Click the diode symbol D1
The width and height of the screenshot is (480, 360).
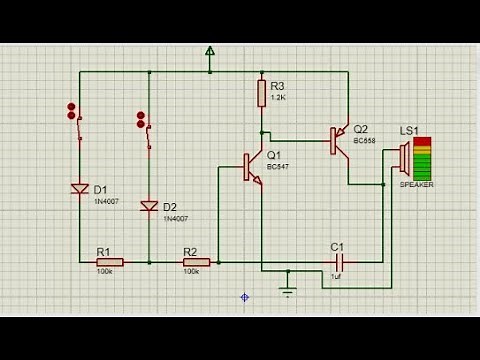pos(80,188)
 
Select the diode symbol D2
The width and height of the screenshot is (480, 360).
pos(149,206)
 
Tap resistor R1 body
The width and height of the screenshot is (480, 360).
pos(109,262)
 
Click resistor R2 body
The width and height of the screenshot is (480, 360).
pos(196,262)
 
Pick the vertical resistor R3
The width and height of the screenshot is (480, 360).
pos(261,93)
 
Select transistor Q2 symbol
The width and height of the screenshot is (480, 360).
pos(339,141)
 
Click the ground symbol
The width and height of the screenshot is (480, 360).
pos(288,290)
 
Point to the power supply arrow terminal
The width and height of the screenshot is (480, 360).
pos(210,51)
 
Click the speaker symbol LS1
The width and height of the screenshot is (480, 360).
pos(404,157)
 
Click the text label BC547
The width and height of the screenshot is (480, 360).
pos(278,167)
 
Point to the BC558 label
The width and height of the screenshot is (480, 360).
pos(363,141)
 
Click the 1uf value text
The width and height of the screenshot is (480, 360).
pos(337,277)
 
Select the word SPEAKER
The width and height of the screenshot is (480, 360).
pos(416,185)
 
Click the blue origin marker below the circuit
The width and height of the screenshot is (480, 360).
pos(244,297)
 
